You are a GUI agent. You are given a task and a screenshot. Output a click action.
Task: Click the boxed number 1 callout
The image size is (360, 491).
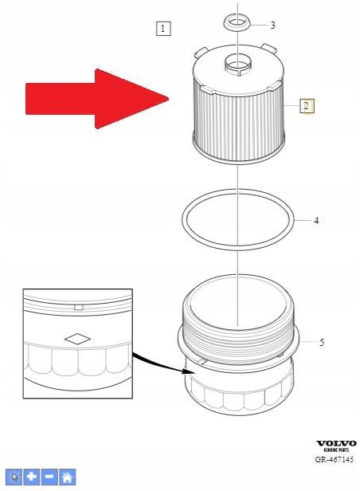162,29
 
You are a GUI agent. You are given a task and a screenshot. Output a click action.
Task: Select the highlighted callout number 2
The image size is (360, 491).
307,105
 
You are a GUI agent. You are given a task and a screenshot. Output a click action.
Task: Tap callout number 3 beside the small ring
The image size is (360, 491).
272,26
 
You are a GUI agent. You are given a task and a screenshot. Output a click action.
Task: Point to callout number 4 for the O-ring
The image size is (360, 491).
316,220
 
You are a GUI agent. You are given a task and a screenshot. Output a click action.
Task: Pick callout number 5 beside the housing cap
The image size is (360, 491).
322,343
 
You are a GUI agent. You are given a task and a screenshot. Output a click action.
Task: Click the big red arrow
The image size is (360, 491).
96,98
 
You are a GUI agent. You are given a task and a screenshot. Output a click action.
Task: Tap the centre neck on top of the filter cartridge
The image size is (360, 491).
238,62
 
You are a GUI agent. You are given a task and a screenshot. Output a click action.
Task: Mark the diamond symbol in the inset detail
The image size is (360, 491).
77,338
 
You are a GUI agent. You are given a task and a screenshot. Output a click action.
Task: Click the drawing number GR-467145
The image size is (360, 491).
335,460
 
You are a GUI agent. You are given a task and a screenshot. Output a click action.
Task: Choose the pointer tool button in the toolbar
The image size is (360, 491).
14,477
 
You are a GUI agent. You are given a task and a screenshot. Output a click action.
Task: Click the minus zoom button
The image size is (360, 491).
49,477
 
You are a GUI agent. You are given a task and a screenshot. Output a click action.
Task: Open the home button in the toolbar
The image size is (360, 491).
68,477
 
